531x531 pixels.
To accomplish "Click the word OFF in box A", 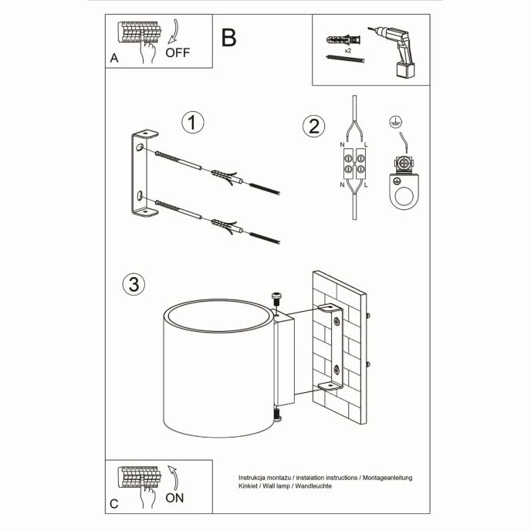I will pyautogui.click(x=178, y=53).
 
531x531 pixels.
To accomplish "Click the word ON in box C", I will pyautogui.click(x=175, y=498).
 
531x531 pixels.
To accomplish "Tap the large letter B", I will pyautogui.click(x=228, y=37).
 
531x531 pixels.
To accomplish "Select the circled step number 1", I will pyautogui.click(x=192, y=123).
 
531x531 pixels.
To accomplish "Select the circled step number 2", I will pyautogui.click(x=312, y=126).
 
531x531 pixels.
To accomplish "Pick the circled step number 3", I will pyautogui.click(x=134, y=284).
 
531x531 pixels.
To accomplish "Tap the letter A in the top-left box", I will pyautogui.click(x=114, y=58).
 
